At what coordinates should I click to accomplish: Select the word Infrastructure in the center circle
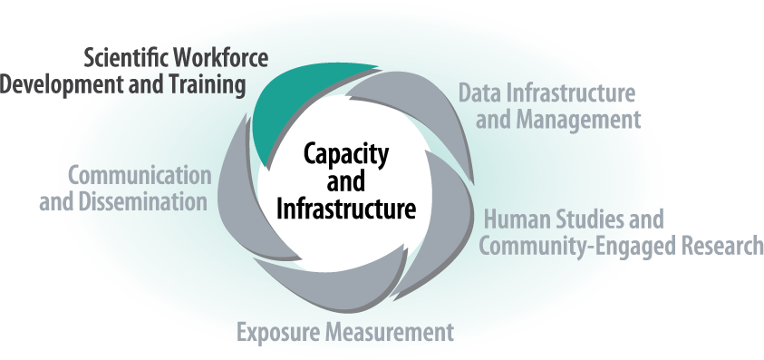click(x=345, y=209)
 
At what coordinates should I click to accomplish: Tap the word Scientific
click(x=122, y=59)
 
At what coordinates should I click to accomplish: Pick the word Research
click(x=716, y=246)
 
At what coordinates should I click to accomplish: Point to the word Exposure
click(x=275, y=332)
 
